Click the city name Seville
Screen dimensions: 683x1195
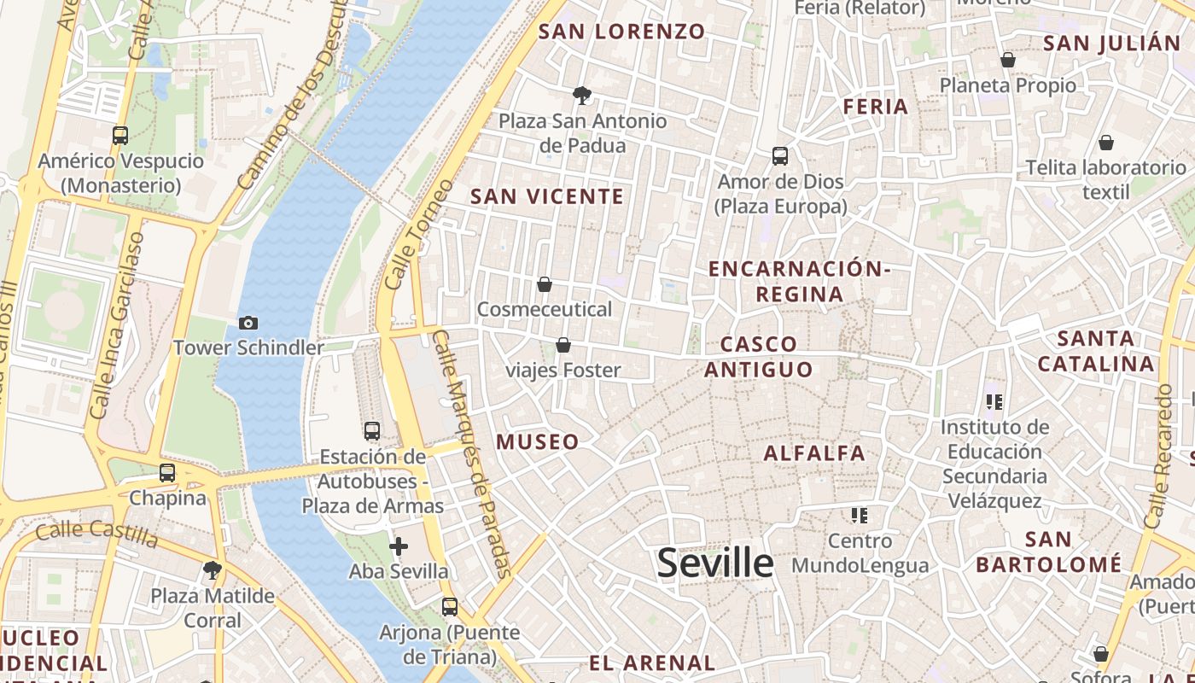715,563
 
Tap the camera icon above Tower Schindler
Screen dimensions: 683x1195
248,323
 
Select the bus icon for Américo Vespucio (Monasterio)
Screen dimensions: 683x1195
120,135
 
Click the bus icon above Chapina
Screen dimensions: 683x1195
167,472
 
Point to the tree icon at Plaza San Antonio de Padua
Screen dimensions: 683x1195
582,95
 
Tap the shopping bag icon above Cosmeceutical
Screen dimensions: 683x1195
545,283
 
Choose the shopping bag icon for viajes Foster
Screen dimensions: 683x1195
563,345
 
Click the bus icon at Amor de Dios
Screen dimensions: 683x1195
780,156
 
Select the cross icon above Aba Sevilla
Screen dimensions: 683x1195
399,546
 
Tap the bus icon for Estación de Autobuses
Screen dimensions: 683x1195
372,431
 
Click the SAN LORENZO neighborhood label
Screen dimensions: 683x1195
622,32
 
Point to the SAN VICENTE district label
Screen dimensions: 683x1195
547,196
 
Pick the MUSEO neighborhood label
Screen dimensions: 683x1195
538,442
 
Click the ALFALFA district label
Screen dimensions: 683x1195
814,453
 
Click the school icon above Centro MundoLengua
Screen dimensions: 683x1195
860,515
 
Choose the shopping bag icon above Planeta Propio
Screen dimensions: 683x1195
1008,60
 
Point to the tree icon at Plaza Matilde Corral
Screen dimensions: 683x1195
213,569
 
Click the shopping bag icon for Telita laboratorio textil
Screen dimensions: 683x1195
1106,142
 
